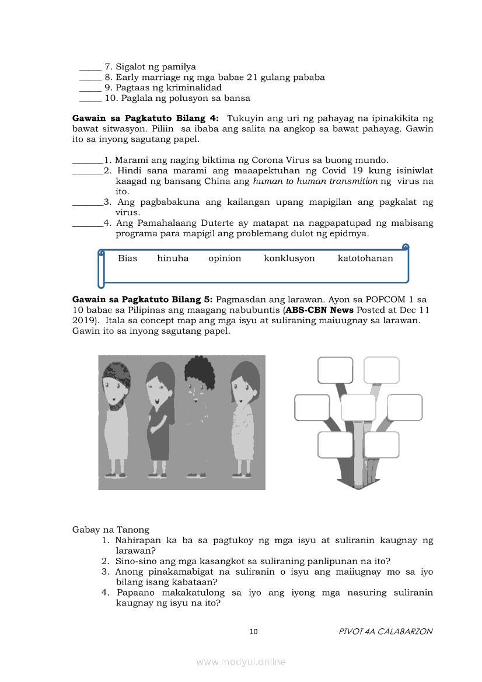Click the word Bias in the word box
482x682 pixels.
point(127,258)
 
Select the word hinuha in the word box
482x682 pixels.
point(173,258)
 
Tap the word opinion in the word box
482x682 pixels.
point(225,258)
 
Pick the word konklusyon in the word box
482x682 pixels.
point(289,258)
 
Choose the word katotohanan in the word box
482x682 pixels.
point(365,258)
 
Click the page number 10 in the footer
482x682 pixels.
point(253,631)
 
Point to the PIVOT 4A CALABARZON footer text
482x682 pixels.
point(385,631)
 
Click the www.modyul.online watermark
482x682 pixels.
point(241,662)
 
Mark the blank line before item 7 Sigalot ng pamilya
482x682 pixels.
point(90,67)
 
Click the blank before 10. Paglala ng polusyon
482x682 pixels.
point(90,99)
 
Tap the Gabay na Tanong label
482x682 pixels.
point(110,530)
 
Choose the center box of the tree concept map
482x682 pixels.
point(358,407)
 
